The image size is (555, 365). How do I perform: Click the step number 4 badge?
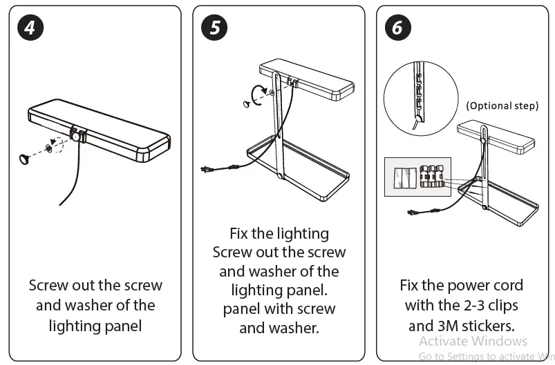click(x=30, y=28)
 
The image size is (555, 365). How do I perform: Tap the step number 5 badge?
click(x=214, y=28)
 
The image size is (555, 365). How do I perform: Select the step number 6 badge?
click(x=398, y=28)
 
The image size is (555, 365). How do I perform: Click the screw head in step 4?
click(x=24, y=159)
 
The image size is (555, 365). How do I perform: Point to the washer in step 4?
click(x=48, y=148)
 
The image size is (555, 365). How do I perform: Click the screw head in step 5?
click(x=247, y=104)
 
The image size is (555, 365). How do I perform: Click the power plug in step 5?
click(x=206, y=170)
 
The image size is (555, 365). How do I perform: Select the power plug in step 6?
click(x=412, y=213)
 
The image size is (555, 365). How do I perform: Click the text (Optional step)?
click(x=502, y=106)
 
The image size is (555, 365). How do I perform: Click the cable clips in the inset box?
click(x=432, y=177)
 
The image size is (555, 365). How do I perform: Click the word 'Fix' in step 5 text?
click(x=238, y=233)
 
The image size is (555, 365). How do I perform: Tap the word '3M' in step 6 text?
click(x=448, y=326)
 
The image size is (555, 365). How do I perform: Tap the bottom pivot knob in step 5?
click(x=280, y=176)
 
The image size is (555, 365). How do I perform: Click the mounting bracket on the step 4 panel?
click(x=78, y=134)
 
